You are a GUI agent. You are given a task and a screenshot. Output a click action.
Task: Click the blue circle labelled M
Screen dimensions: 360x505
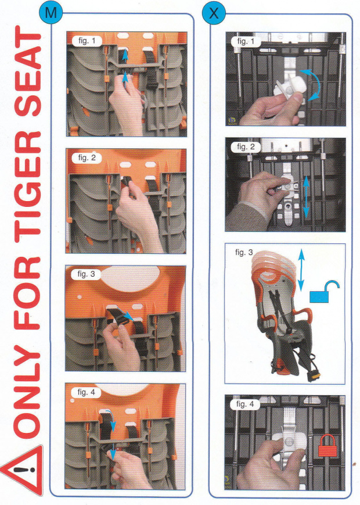pyautogui.click(x=51, y=13)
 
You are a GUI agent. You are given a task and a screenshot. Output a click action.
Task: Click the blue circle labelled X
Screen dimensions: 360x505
pyautogui.click(x=214, y=13)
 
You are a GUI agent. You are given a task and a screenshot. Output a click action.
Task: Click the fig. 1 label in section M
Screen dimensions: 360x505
pyautogui.click(x=87, y=41)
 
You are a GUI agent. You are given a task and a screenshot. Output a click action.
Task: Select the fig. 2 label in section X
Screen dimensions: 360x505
pyautogui.click(x=246, y=147)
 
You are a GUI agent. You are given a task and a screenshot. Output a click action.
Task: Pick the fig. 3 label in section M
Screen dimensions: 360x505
pyautogui.click(x=86, y=274)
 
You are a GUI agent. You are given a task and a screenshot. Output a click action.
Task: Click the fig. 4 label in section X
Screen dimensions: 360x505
pyautogui.click(x=245, y=404)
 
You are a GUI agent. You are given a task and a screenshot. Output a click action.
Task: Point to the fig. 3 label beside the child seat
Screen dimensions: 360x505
pyautogui.click(x=244, y=252)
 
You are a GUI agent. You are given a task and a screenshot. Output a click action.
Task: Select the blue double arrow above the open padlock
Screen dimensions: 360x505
pyautogui.click(x=301, y=270)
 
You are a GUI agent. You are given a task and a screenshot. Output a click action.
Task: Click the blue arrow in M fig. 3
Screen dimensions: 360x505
pyautogui.click(x=125, y=314)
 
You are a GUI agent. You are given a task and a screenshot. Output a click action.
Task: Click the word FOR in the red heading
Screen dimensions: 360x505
pyautogui.click(x=28, y=293)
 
